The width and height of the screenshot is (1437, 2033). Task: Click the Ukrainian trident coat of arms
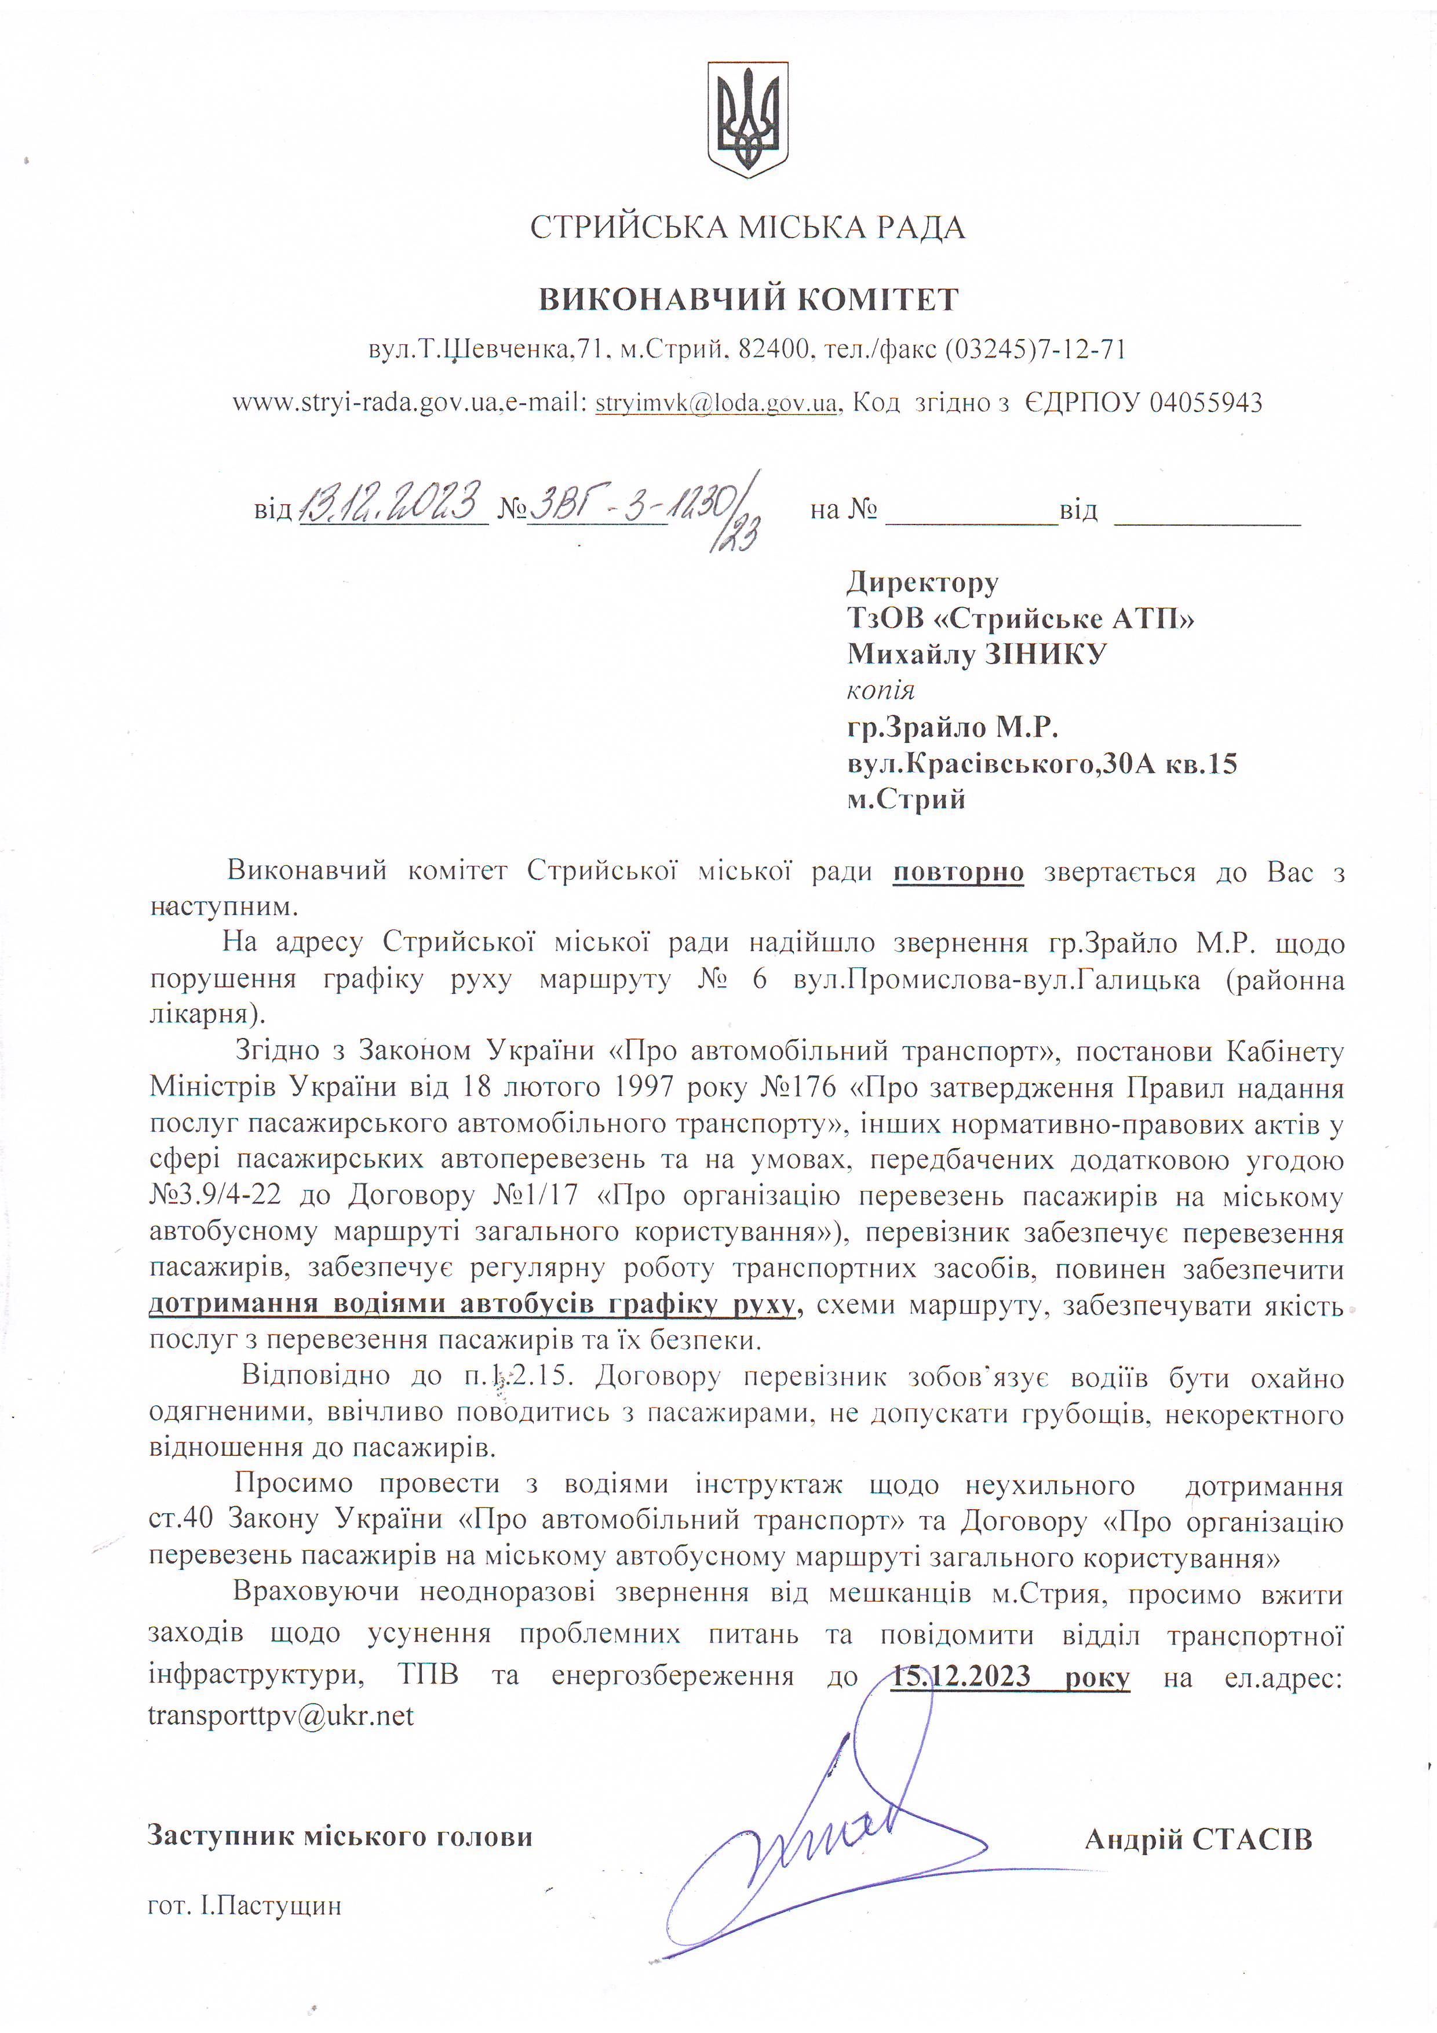747,119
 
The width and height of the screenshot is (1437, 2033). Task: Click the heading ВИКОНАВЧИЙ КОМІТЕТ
748,299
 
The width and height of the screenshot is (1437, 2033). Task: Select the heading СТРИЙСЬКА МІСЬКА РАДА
747,228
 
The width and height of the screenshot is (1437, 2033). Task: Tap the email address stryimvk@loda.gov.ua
716,403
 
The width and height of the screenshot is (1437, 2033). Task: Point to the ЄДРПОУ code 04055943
1205,403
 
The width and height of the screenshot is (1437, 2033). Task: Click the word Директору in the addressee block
922,582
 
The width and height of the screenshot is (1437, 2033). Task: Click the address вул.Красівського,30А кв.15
1041,763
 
